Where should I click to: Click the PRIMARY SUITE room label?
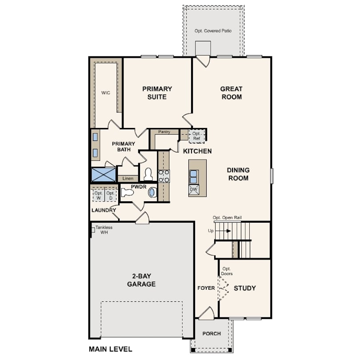pyautogui.click(x=157, y=93)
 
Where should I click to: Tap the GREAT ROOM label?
pyautogui.click(x=232, y=93)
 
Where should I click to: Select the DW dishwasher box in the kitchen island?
pyautogui.click(x=194, y=190)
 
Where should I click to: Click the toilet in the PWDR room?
pyautogui.click(x=127, y=192)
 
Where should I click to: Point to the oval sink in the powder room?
pyautogui.click(x=152, y=192)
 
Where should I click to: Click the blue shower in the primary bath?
pyautogui.click(x=104, y=175)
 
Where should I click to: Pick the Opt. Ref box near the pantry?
pyautogui.click(x=196, y=136)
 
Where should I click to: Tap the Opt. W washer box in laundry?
pyautogui.click(x=99, y=196)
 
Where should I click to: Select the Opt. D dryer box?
pyautogui.click(x=111, y=196)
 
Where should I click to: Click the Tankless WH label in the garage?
pyautogui.click(x=104, y=230)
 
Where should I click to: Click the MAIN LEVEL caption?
pyautogui.click(x=110, y=349)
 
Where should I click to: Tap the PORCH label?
pyautogui.click(x=212, y=333)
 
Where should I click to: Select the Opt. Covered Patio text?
pyautogui.click(x=213, y=31)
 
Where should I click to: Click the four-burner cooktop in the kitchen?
pyautogui.click(x=164, y=176)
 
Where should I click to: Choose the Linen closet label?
pyautogui.click(x=128, y=178)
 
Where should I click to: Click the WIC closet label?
pyautogui.click(x=106, y=93)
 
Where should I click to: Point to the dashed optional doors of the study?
pyautogui.click(x=224, y=288)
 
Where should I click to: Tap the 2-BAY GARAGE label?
pyautogui.click(x=141, y=280)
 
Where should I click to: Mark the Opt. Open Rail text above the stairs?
pyautogui.click(x=227, y=218)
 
